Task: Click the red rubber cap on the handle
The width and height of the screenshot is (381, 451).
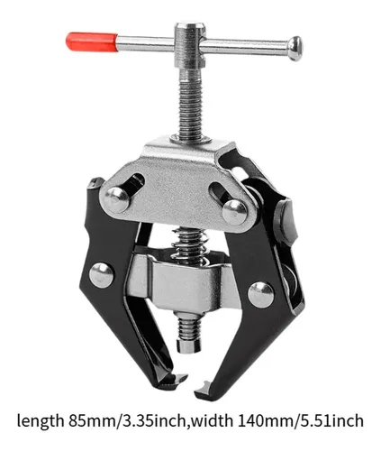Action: (x=92, y=41)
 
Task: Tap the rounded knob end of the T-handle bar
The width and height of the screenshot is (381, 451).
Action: (x=295, y=49)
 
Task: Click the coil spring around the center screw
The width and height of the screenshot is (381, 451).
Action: (x=189, y=245)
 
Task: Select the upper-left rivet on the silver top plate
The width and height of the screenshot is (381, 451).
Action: (x=117, y=199)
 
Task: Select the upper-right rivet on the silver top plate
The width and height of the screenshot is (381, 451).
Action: (x=235, y=212)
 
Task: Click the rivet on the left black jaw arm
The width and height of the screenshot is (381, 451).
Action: (x=102, y=275)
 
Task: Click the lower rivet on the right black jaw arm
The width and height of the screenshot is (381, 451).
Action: (x=261, y=295)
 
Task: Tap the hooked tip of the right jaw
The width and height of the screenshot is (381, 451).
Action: (x=204, y=388)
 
